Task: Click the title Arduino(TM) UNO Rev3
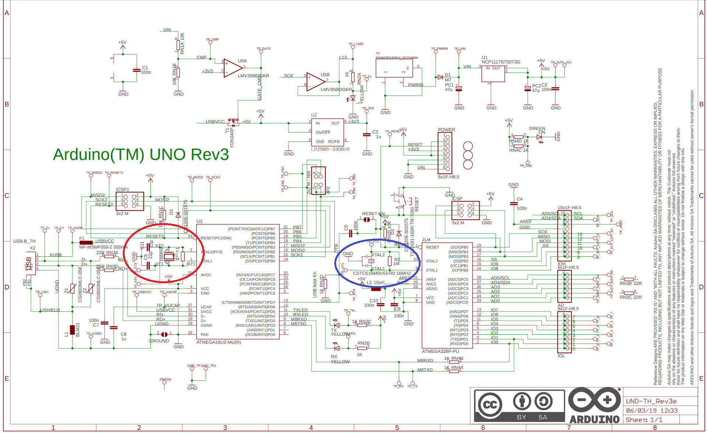tap(141, 155)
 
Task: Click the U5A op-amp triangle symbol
tap(232, 68)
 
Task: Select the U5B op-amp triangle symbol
tap(315, 82)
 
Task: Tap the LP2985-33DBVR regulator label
tap(330, 149)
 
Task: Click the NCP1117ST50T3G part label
tap(501, 62)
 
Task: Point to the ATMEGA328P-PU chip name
tap(440, 352)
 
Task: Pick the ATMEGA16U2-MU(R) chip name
tap(219, 342)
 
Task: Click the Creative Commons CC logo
tap(490, 405)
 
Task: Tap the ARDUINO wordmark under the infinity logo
tap(595, 419)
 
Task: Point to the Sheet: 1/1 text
tap(644, 420)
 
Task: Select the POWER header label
tap(446, 130)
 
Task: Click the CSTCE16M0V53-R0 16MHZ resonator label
tap(382, 274)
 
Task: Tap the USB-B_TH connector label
tap(24, 242)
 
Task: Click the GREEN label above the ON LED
tap(537, 129)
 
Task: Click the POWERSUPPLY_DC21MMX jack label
tap(397, 58)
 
